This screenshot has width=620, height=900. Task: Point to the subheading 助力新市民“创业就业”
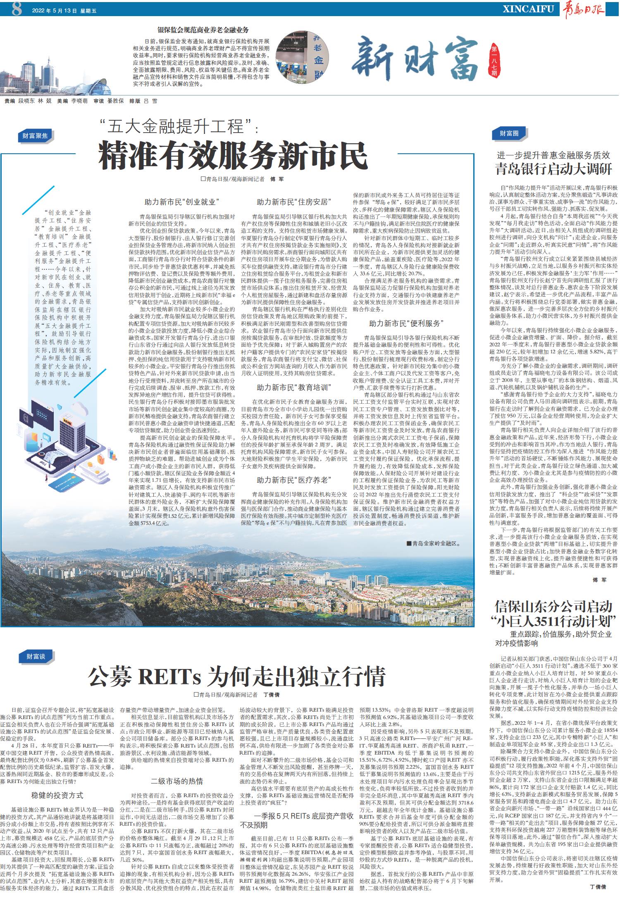(x=181, y=202)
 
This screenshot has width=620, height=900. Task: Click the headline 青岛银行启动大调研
(x=554, y=169)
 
